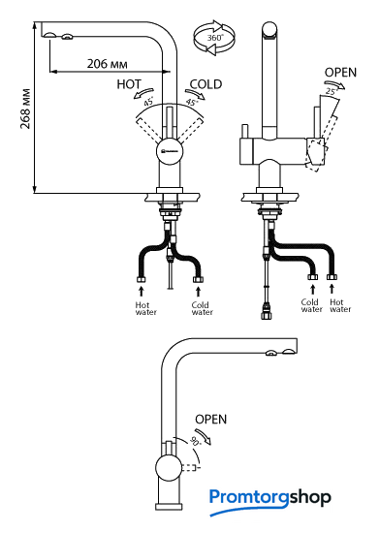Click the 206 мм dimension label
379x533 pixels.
pos(107,64)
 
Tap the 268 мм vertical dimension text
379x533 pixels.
pos(25,109)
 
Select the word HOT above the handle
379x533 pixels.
pos(129,84)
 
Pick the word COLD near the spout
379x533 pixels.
pos(205,84)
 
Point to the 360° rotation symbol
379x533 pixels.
pos(214,38)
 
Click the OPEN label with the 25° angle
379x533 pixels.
pos(340,73)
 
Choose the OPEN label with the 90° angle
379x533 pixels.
pos(210,419)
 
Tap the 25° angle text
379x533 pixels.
pos(331,91)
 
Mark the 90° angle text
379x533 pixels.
pos(196,441)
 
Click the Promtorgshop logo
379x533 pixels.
pos(270,501)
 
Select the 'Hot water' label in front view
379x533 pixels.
pos(145,308)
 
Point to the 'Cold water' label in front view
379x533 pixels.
pos(203,308)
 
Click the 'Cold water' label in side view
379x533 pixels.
pos(312,305)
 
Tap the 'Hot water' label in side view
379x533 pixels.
pos(340,305)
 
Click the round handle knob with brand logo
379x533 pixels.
pos(170,151)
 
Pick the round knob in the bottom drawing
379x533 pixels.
pos(169,468)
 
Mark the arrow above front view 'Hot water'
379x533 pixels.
pos(142,292)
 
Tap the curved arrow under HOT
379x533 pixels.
pos(143,93)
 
